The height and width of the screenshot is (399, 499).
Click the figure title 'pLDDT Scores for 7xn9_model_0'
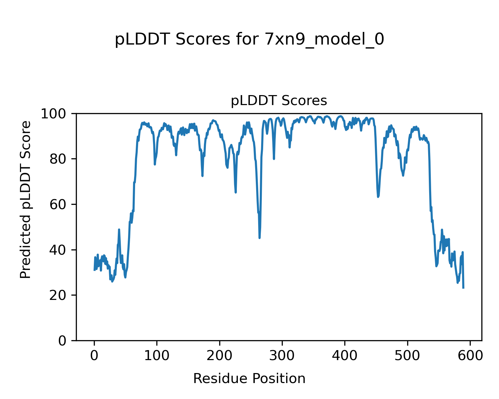[249, 40]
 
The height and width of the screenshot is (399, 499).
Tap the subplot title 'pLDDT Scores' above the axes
[279, 101]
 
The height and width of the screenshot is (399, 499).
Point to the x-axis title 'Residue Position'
[249, 378]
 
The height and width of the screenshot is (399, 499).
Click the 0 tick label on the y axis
[63, 340]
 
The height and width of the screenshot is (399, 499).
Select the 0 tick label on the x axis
[94, 355]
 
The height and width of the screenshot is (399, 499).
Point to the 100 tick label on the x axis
[157, 355]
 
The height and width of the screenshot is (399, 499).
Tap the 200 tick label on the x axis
[220, 355]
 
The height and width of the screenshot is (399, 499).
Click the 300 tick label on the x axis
[282, 355]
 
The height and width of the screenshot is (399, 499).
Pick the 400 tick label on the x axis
[345, 355]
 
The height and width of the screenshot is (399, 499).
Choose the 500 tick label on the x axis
[407, 355]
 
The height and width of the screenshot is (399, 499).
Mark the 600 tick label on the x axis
[470, 355]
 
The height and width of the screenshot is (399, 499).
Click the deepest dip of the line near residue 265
[259, 238]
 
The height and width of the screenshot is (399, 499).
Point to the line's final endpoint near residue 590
[463, 288]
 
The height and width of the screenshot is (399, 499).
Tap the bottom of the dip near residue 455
[378, 197]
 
